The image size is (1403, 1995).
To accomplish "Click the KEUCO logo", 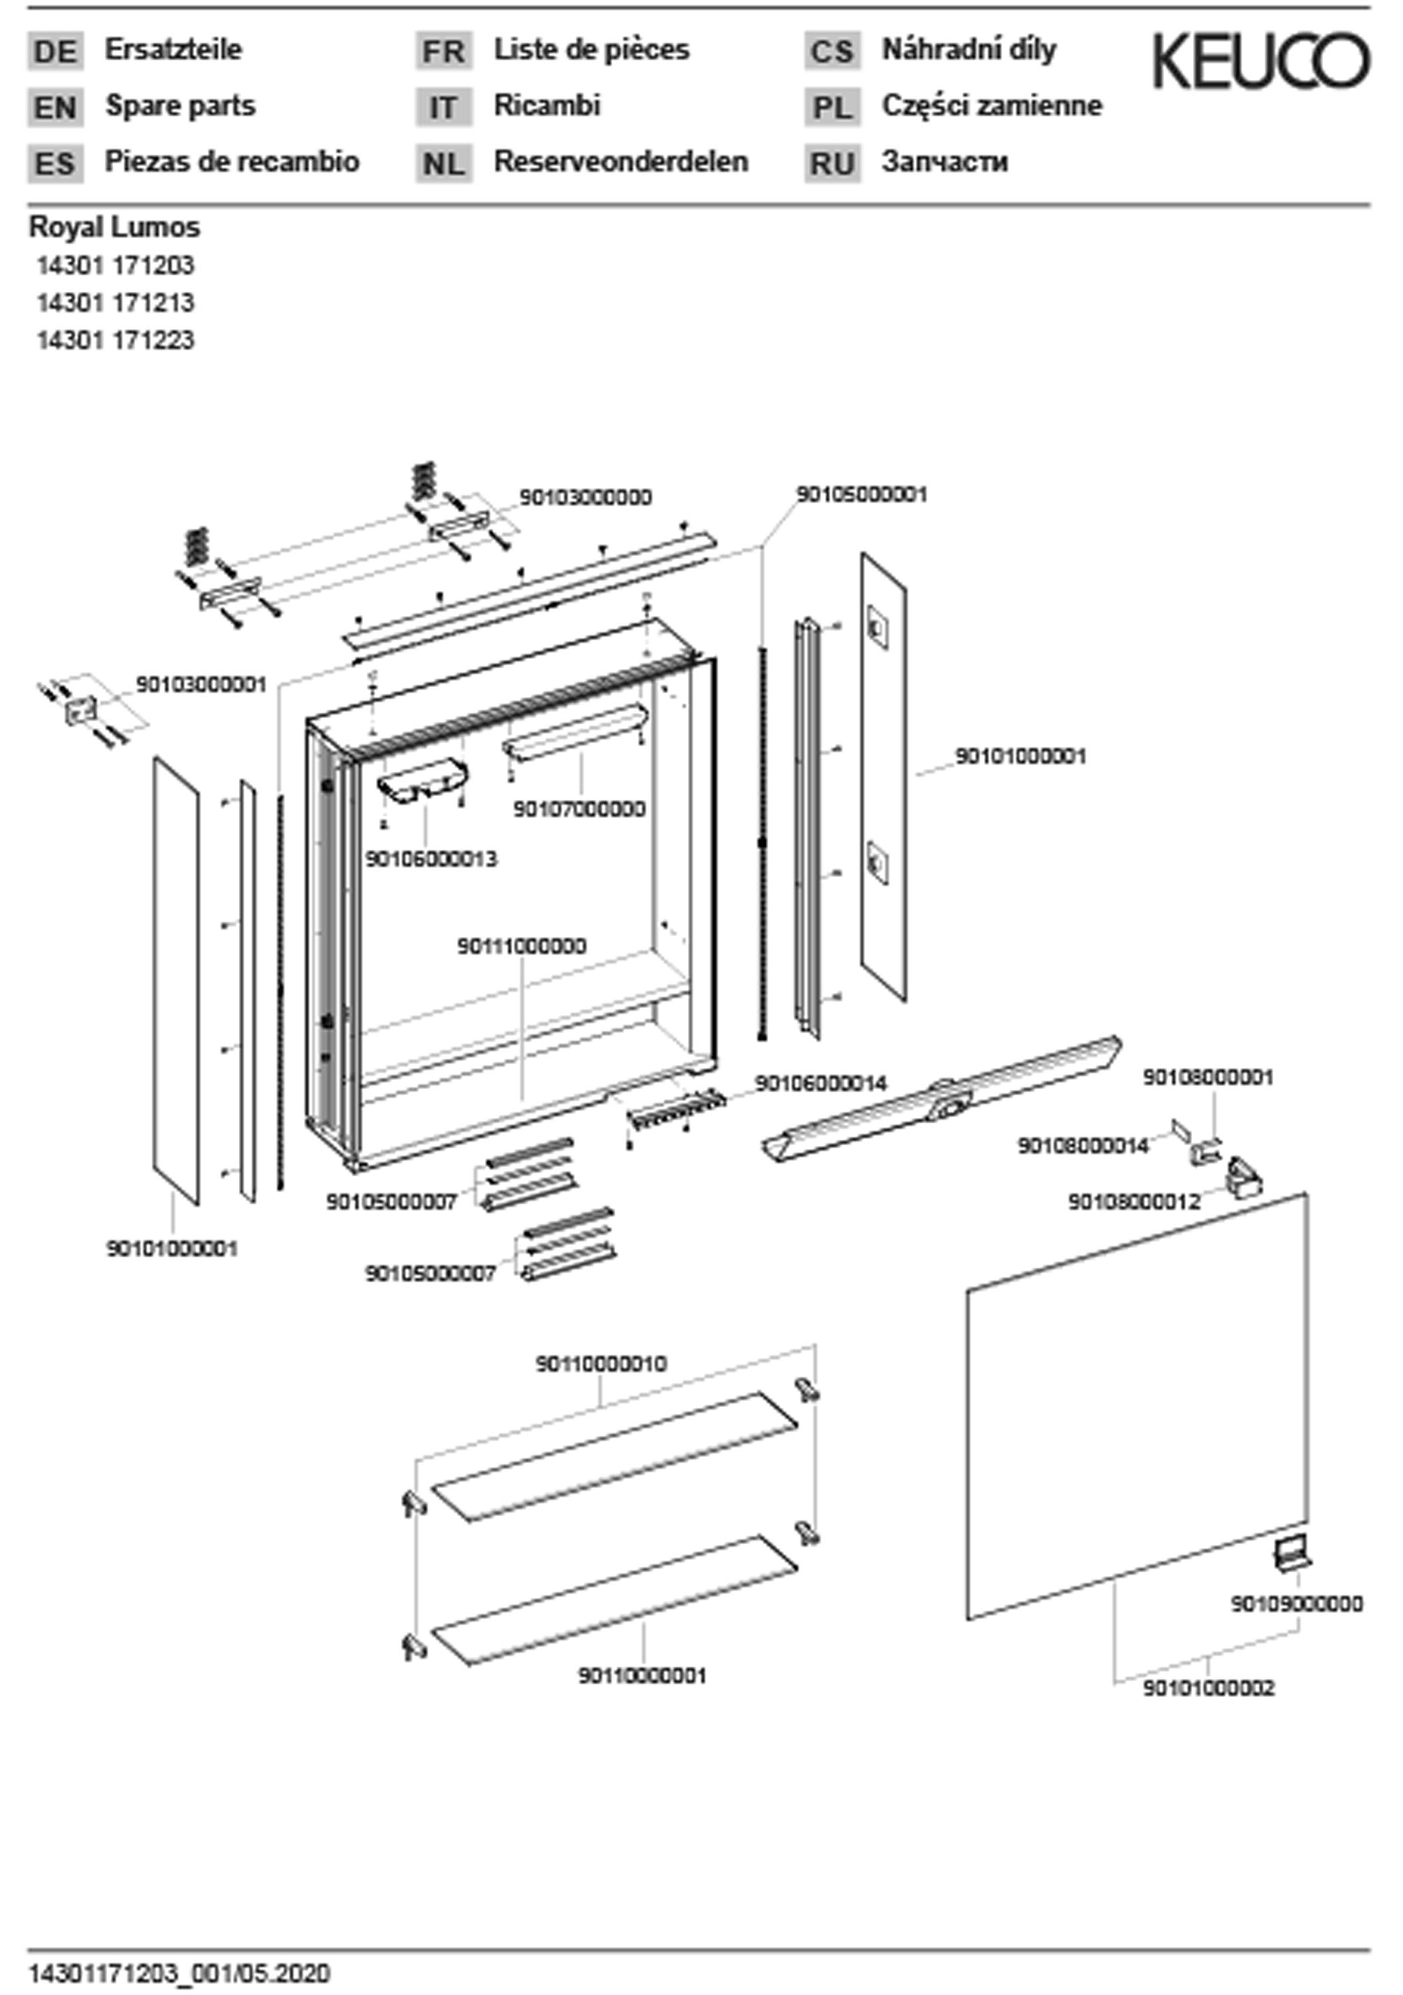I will [x=1261, y=61].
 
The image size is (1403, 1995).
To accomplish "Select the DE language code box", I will [x=56, y=51].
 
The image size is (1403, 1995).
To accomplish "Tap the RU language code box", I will [x=832, y=164].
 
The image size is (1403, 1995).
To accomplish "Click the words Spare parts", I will [x=180, y=106].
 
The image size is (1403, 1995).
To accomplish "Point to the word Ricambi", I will [x=547, y=106].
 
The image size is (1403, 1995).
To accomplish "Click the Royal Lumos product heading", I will [x=114, y=227].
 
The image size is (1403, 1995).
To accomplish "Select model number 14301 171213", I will [x=114, y=303].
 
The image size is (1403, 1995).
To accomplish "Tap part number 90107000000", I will [x=579, y=809].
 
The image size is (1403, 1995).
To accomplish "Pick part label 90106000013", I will [x=431, y=859].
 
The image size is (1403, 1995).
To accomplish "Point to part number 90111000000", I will [x=522, y=946].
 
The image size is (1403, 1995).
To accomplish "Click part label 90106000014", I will [x=821, y=1083].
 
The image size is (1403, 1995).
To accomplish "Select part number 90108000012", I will [x=1134, y=1202].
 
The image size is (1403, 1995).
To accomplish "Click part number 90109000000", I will [x=1296, y=1603].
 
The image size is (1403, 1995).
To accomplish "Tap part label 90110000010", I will [x=601, y=1363].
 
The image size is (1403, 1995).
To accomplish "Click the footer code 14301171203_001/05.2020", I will [x=179, y=1973].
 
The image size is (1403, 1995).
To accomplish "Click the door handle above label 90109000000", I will [x=1292, y=1553].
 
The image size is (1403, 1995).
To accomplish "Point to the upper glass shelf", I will [x=614, y=1457].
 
